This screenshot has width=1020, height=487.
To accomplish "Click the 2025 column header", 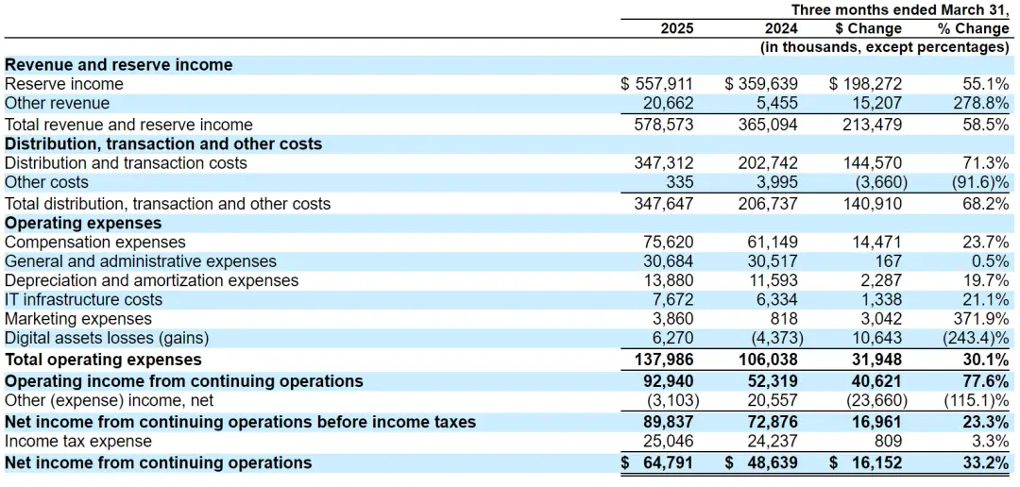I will point(676,28).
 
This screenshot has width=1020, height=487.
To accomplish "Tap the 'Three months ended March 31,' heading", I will point(900,9).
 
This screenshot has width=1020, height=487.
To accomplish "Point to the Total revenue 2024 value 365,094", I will point(768,125).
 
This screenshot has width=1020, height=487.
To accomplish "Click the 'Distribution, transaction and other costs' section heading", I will point(163,143).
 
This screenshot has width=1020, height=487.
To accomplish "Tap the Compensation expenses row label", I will point(95,243).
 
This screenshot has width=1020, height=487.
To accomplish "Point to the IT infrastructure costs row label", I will point(83,300).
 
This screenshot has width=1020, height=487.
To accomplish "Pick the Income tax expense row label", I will point(78,442).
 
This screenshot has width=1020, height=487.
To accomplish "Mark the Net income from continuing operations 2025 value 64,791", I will point(667,463).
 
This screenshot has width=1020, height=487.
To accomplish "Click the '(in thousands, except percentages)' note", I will point(885,46).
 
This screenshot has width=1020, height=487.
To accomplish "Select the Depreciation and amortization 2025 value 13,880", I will point(669,280).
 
